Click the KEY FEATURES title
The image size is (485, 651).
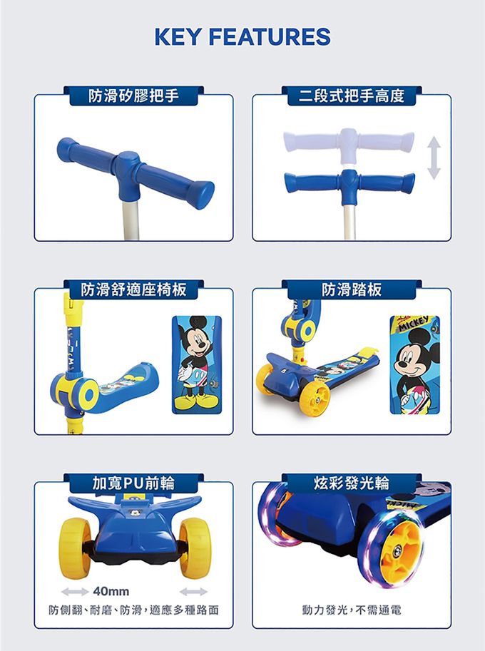[x=242, y=36]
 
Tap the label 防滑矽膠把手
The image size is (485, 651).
[x=133, y=96]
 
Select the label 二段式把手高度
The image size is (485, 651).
[x=351, y=96]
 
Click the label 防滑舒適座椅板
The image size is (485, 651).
[x=133, y=289]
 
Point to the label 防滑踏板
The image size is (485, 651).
[x=351, y=289]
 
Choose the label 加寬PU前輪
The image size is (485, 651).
[x=133, y=483]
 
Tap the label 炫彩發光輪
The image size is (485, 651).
[x=352, y=483]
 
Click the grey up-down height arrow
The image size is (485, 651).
[x=433, y=158]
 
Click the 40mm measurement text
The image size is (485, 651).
[x=111, y=592]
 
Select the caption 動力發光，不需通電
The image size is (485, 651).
[x=352, y=611]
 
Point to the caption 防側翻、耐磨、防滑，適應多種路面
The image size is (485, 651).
[x=133, y=611]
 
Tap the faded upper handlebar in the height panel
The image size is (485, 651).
[x=349, y=140]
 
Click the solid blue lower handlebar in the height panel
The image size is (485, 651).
[x=349, y=181]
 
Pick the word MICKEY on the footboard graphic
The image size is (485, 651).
[x=415, y=324]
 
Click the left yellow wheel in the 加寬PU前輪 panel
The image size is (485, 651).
[x=74, y=547]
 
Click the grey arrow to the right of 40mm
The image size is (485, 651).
[x=193, y=592]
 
